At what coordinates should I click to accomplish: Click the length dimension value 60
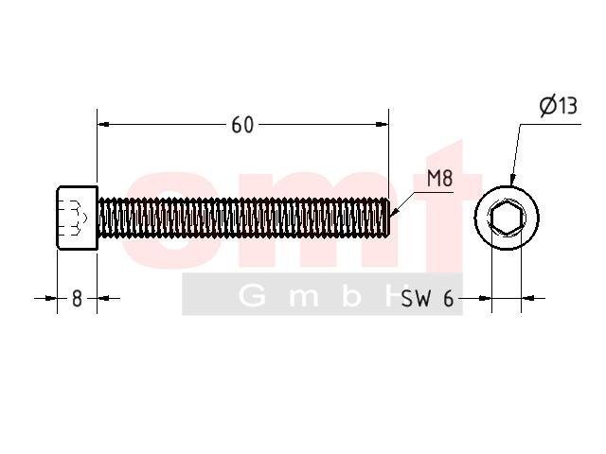point(242,125)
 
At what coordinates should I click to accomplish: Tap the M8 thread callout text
point(439,179)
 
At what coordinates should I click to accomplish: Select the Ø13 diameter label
point(559,105)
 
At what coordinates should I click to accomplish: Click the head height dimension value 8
point(77,299)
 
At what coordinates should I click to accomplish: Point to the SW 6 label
point(427,299)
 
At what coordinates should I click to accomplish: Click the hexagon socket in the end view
point(507,218)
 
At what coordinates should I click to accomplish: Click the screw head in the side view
point(78,218)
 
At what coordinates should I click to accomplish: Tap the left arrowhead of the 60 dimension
point(103,124)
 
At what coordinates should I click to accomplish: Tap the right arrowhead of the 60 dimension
point(382,124)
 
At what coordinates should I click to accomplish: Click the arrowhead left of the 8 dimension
point(51,298)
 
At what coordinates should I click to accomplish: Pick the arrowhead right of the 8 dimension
point(103,298)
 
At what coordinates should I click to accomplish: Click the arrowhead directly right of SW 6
point(485,298)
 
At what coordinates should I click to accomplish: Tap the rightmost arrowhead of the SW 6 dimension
point(528,298)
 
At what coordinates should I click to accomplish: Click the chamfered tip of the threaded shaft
point(387,217)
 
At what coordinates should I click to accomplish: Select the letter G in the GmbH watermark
point(252,296)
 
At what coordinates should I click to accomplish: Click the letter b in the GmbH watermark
point(351,296)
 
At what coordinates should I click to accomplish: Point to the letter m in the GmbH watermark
point(304,299)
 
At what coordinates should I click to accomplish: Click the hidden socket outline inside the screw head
point(72,218)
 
